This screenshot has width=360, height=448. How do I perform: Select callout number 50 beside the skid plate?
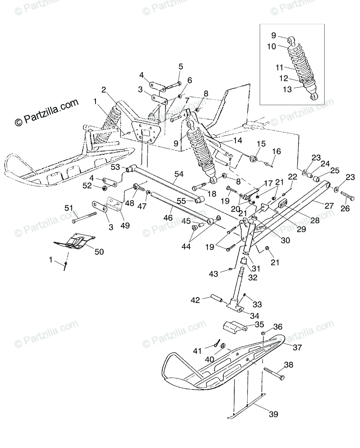pyautogui.click(x=99, y=252)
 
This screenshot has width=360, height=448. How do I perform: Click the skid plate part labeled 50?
pyautogui.click(x=74, y=241)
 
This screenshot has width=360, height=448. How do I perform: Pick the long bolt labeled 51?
pyautogui.click(x=84, y=218)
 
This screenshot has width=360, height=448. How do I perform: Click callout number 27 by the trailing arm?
pyautogui.click(x=329, y=205)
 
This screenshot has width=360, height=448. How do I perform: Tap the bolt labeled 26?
pyautogui.click(x=347, y=196)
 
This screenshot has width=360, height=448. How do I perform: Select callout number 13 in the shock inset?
pyautogui.click(x=287, y=90)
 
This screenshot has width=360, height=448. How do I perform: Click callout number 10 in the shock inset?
pyautogui.click(x=272, y=46)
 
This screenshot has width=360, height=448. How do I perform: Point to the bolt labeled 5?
pyautogui.click(x=173, y=85)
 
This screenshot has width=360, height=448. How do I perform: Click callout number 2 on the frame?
pyautogui.click(x=104, y=90)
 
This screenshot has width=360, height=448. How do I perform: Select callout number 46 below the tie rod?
pyautogui.click(x=168, y=218)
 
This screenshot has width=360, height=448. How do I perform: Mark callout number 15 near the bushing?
pyautogui.click(x=261, y=144)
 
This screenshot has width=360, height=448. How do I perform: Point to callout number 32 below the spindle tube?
pyautogui.click(x=253, y=277)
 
